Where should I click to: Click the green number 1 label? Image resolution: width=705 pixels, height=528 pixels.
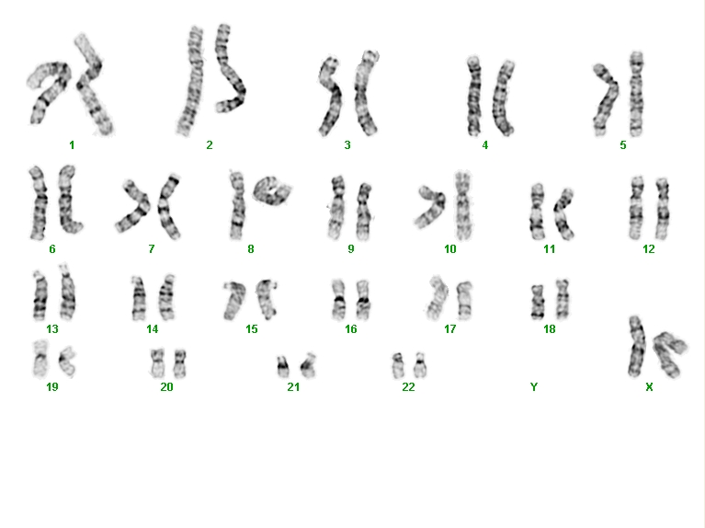pyautogui.click(x=72, y=145)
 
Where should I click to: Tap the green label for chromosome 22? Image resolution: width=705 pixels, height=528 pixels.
pyautogui.click(x=408, y=386)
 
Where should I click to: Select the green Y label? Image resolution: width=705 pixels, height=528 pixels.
pyautogui.click(x=534, y=386)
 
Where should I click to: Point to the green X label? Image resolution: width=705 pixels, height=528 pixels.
pyautogui.click(x=649, y=386)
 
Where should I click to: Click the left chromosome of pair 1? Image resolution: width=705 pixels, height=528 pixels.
pyautogui.click(x=49, y=90)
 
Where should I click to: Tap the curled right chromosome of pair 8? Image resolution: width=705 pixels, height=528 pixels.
pyautogui.click(x=272, y=190)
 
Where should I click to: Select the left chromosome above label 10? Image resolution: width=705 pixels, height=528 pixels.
pyautogui.click(x=431, y=206)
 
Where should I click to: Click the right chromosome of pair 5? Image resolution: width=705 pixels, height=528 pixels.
pyautogui.click(x=636, y=94)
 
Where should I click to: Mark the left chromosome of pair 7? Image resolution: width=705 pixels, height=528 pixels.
pyautogui.click(x=133, y=206)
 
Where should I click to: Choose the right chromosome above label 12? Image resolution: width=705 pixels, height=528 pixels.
pyautogui.click(x=663, y=208)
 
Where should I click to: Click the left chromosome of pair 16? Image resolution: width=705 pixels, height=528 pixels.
pyautogui.click(x=338, y=300)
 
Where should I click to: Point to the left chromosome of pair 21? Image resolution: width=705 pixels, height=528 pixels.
pyautogui.click(x=282, y=367)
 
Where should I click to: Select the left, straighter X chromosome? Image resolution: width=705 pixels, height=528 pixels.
pyautogui.click(x=636, y=347)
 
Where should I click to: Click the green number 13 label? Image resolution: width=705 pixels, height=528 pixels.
pyautogui.click(x=52, y=329)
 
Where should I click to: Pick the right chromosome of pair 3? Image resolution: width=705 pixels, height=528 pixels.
pyautogui.click(x=366, y=93)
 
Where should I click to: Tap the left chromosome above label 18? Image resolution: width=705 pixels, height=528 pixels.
pyautogui.click(x=537, y=302)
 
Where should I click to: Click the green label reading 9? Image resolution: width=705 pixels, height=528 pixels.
pyautogui.click(x=351, y=249)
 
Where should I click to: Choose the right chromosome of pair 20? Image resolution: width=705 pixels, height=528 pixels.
pyautogui.click(x=180, y=363)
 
